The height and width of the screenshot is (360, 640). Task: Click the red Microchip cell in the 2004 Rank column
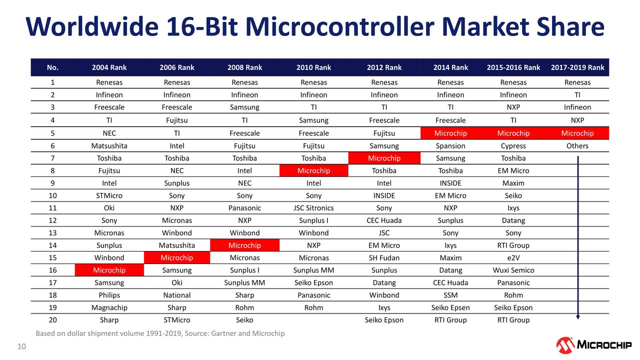pyautogui.click(x=109, y=270)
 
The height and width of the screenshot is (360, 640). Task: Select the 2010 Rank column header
pyautogui.click(x=313, y=67)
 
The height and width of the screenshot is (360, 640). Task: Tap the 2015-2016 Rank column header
pyautogui.click(x=513, y=67)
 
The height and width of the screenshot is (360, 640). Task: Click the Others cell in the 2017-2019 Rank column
pyautogui.click(x=577, y=146)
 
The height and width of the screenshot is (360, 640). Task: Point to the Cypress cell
pyautogui.click(x=513, y=146)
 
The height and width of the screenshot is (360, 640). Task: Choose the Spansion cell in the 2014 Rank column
pyautogui.click(x=450, y=146)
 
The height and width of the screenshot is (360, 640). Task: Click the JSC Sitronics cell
pyautogui.click(x=313, y=208)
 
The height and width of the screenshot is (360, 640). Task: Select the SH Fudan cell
pyautogui.click(x=384, y=258)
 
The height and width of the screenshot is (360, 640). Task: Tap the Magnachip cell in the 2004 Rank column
pyautogui.click(x=109, y=307)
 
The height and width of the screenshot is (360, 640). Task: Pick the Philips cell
pyautogui.click(x=109, y=295)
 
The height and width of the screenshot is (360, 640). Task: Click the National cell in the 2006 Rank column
pyautogui.click(x=176, y=295)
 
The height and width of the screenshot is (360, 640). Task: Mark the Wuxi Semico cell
pyautogui.click(x=513, y=270)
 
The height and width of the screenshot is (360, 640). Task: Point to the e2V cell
pyautogui.click(x=513, y=258)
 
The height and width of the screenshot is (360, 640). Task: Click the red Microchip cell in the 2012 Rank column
pyautogui.click(x=384, y=158)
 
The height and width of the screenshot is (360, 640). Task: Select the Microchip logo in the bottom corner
pyautogui.click(x=593, y=345)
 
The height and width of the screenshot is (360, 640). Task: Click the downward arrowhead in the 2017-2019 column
pyautogui.click(x=577, y=316)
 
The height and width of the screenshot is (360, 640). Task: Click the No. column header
pyautogui.click(x=52, y=67)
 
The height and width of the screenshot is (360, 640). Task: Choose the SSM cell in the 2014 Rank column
pyautogui.click(x=450, y=295)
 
